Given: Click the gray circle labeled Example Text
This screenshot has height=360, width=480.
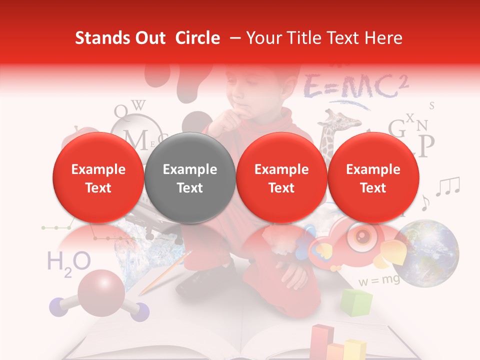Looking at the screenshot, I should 189,178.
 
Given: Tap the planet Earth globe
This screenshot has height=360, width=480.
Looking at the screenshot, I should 431,253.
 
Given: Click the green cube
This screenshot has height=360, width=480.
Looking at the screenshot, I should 356,302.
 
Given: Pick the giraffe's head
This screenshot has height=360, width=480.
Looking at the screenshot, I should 332,119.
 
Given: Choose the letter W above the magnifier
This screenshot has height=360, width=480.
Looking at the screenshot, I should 140,105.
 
